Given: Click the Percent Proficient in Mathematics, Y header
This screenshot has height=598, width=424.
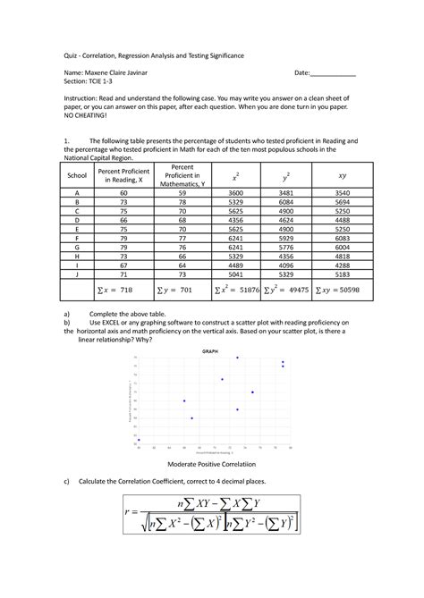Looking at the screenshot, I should [x=182, y=177].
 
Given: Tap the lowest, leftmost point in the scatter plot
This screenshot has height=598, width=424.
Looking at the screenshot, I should [x=139, y=440].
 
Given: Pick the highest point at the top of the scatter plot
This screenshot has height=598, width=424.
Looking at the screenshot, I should [x=237, y=358].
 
